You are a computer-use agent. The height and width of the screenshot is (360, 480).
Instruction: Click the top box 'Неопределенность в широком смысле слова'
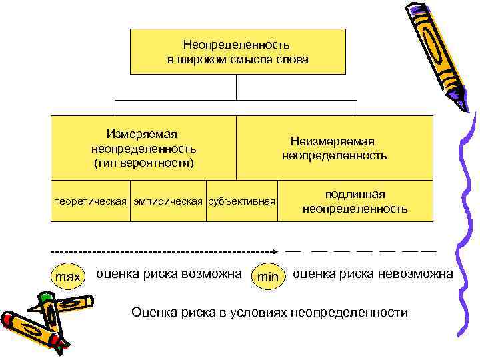point(237,51)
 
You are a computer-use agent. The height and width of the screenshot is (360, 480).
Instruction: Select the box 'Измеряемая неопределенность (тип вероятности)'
point(144,148)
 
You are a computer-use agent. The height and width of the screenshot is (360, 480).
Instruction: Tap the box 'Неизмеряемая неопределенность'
point(333,148)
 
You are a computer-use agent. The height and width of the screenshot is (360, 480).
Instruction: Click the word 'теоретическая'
point(90,200)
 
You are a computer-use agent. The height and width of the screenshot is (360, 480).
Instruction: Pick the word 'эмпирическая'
point(169,200)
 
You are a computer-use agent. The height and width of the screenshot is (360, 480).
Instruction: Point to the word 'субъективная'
point(242,200)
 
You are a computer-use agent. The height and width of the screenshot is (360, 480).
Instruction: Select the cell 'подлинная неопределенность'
point(355,201)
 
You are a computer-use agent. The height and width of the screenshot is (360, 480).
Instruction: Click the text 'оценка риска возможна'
point(169,273)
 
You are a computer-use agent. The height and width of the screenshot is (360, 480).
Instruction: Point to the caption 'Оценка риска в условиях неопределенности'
point(269,312)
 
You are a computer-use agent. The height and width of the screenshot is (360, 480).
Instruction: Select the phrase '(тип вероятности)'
point(144,162)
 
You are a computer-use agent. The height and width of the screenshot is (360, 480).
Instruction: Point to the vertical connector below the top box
point(237,87)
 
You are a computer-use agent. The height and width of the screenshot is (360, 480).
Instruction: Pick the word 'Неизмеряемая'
point(333,141)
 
